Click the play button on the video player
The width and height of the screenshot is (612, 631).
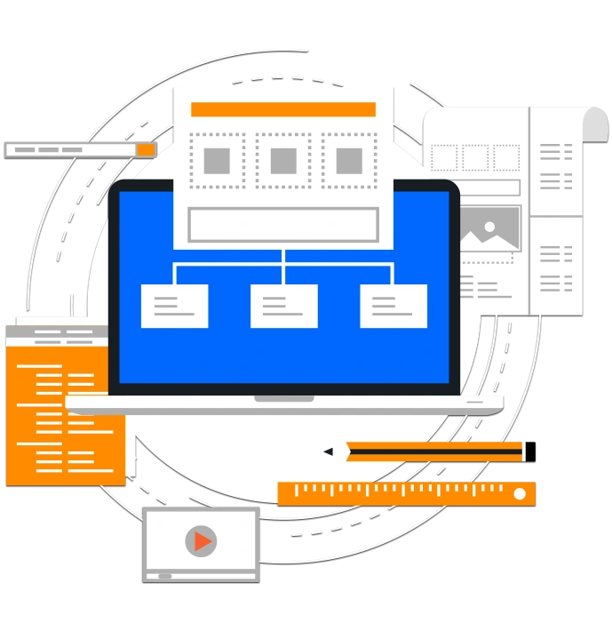tap(202, 540)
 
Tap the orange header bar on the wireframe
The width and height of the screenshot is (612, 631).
tap(283, 109)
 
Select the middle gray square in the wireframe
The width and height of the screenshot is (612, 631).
tap(283, 161)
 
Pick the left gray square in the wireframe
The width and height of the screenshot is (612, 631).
tap(217, 161)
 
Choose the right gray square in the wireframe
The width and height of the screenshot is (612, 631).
tap(349, 161)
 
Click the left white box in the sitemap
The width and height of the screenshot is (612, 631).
tap(174, 306)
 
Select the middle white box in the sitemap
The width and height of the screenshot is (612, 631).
tap(283, 306)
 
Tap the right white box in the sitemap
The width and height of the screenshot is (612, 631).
tap(393, 306)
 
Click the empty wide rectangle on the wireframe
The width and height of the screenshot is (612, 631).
tap(283, 225)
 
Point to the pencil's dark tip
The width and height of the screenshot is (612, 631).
tap(328, 451)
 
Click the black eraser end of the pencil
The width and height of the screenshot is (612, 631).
tap(532, 451)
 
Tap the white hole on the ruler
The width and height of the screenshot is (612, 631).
tap(520, 493)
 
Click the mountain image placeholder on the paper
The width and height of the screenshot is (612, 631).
tap(488, 230)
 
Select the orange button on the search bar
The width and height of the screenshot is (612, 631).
tap(146, 149)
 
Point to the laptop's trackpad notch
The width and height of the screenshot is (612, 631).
tap(284, 398)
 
